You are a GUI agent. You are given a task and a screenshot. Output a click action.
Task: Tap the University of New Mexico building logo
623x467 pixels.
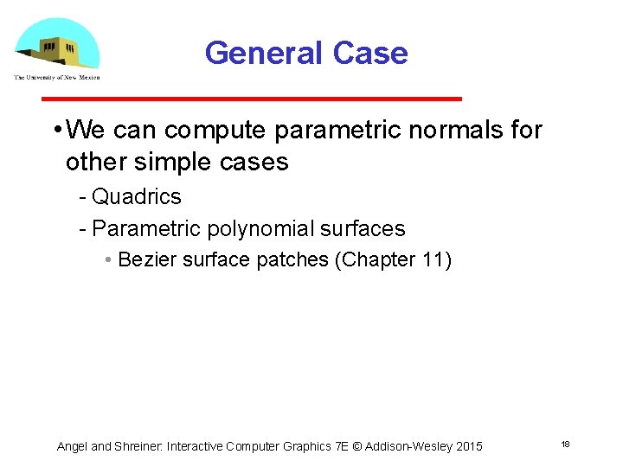[x=57, y=43]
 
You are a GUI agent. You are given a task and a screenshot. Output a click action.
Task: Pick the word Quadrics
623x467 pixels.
[x=137, y=197]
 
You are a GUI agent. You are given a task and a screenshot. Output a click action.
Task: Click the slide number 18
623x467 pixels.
[x=565, y=444]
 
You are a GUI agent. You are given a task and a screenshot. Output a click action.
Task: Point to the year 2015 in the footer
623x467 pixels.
[x=468, y=446]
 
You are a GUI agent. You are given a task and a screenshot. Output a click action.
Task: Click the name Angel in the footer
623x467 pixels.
[x=72, y=446]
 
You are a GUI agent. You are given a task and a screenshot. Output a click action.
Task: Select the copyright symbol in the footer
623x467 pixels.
[x=357, y=446]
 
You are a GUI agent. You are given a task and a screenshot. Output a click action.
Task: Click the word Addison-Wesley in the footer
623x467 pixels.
[x=408, y=446]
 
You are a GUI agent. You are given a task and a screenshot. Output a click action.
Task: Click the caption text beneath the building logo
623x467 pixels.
[x=57, y=78]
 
